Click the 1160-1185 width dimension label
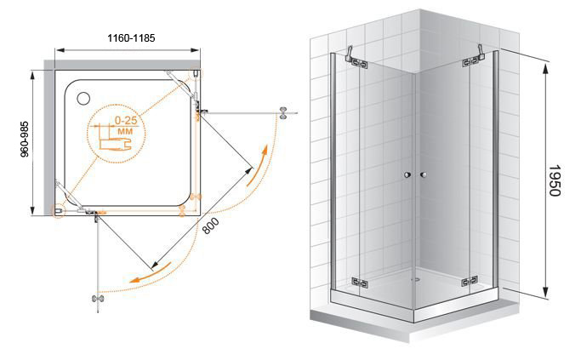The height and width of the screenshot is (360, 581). click(131, 37)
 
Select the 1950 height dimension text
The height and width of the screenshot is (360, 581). click(554, 180)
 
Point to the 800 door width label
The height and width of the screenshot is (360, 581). click(211, 226)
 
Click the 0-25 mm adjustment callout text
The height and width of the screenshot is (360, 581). click(126, 125)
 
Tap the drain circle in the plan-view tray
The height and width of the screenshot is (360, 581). click(83, 98)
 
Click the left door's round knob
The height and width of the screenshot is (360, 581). click(408, 174)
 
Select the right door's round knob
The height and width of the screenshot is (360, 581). click(424, 174)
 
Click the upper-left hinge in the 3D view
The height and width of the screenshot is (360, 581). click(359, 63)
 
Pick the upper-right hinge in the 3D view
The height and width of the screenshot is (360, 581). click(470, 62)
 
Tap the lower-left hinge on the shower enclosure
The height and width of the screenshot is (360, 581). click(360, 283)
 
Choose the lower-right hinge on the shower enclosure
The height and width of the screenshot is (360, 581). click(470, 282)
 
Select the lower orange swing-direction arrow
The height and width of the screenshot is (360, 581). click(151, 273)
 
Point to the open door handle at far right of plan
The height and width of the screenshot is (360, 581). click(283, 112)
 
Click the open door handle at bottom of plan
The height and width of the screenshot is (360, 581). click(98, 299)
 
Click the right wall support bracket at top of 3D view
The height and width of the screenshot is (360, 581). click(481, 52)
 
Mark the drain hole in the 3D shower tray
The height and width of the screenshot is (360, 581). click(417, 279)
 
